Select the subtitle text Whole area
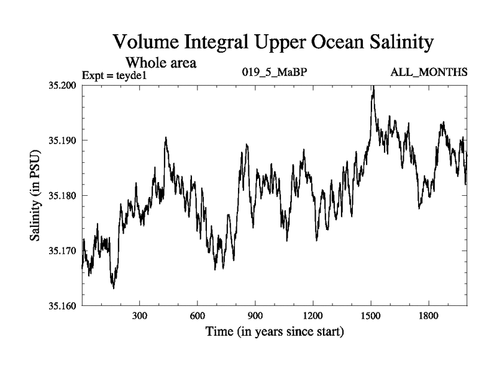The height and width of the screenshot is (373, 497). (162, 63)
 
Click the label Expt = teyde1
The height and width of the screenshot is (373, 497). (117, 76)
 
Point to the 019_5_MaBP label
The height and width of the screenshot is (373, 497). (274, 73)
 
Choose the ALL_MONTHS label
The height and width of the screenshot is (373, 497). (429, 73)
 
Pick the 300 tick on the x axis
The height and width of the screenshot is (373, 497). (140, 316)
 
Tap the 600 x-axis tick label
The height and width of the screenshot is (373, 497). (198, 316)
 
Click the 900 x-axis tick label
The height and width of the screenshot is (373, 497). (255, 316)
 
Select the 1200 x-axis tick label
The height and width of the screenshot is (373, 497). (313, 316)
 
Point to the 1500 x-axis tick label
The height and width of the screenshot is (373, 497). (371, 316)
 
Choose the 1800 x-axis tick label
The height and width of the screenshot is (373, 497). (429, 316)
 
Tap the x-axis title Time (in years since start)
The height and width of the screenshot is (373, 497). (275, 332)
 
